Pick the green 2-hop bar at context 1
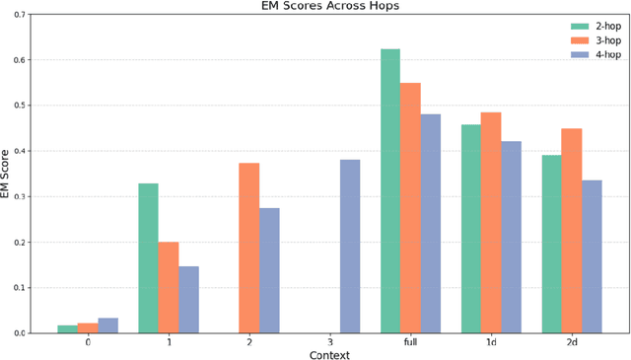pos(148,257)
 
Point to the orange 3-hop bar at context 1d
pos(491,222)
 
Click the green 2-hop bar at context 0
pos(67,328)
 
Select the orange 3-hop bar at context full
pos(410,207)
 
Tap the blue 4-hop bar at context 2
pos(269,270)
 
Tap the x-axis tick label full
pos(410,343)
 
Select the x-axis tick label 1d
pos(491,343)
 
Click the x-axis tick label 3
pos(329,343)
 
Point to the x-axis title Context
pos(329,354)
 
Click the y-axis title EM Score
pos(8,173)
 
